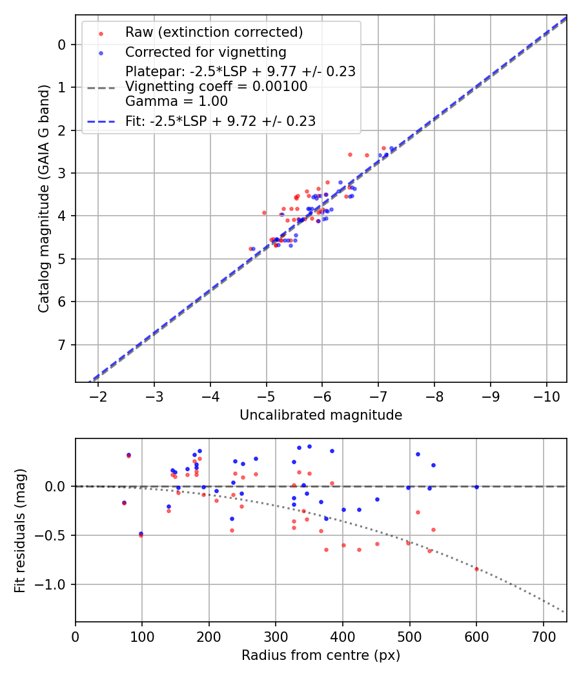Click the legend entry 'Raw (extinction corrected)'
[214, 32]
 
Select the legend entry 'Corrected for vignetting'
[205, 52]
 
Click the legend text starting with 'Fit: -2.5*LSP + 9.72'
[220, 121]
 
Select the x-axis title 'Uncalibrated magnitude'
[321, 415]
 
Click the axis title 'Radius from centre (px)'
[321, 655]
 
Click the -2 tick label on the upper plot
[98, 396]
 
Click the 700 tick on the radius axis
[543, 635]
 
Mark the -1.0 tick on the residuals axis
[54, 584]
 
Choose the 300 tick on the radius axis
[276, 635]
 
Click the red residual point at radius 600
[476, 569]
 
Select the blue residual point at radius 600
[476, 487]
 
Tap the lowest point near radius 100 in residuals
[141, 535]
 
